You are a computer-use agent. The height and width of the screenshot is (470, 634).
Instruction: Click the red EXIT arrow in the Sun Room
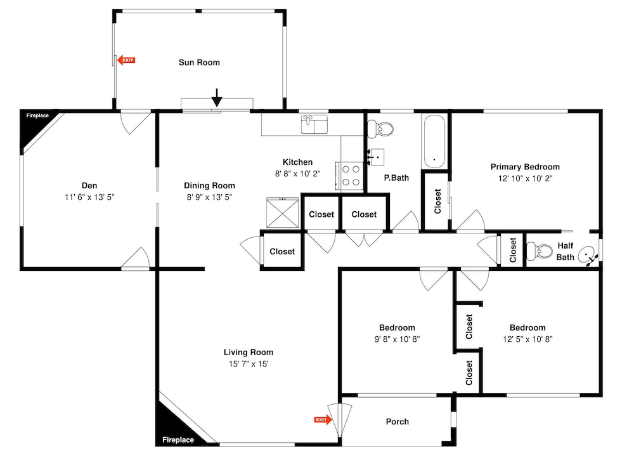[126, 60]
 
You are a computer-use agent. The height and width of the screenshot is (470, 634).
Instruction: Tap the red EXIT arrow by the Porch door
[323, 420]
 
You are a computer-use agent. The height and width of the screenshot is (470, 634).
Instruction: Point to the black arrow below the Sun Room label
[217, 98]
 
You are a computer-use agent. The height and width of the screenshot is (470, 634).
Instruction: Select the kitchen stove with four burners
[350, 176]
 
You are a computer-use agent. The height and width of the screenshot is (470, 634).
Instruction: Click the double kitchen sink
[314, 124]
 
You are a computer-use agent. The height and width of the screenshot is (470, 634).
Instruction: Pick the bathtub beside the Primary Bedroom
[435, 141]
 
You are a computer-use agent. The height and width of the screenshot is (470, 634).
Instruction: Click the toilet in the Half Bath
[540, 251]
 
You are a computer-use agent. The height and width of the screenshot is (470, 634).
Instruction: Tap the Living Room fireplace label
[178, 440]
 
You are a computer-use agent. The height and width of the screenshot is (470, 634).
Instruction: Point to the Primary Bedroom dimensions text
[525, 178]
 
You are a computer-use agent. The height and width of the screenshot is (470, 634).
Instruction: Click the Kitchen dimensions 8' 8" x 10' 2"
[297, 174]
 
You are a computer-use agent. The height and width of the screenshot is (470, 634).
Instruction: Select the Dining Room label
[209, 186]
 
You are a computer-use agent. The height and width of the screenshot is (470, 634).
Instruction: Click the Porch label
[397, 421]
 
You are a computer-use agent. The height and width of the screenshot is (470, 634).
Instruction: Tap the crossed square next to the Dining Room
[282, 212]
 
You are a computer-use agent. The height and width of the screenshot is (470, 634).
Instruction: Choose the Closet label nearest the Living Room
[282, 252]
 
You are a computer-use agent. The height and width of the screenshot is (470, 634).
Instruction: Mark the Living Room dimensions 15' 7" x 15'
[249, 363]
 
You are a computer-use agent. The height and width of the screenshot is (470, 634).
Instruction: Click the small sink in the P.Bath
[377, 157]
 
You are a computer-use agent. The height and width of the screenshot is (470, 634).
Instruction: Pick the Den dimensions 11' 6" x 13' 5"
[90, 197]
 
